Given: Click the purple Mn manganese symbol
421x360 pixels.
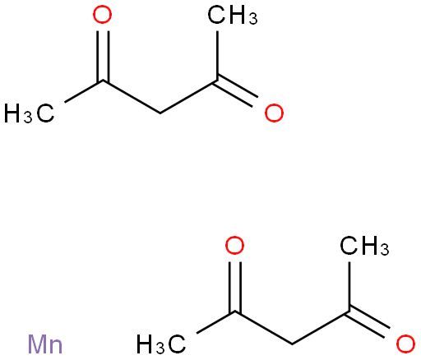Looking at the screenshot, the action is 45,344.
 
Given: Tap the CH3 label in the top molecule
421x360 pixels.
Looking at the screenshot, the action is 233,16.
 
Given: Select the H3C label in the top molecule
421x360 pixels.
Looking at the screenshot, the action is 29,113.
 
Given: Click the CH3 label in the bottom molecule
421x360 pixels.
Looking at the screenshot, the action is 364,246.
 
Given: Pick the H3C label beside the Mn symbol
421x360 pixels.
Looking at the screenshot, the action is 161,344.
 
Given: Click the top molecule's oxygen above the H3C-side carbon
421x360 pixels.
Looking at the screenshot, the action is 102,16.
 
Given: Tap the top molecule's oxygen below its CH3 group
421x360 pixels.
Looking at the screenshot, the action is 274,113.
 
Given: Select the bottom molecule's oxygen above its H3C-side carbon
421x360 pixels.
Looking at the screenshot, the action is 234,246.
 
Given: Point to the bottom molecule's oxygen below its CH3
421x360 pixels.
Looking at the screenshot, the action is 406,344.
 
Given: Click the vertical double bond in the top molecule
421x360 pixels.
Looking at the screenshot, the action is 103,56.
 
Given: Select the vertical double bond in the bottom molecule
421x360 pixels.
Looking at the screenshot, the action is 235,287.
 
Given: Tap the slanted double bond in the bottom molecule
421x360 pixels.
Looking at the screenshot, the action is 368,321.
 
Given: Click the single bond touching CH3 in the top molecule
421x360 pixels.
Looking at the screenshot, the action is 217,56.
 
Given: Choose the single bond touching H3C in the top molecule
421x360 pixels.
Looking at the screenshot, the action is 84,91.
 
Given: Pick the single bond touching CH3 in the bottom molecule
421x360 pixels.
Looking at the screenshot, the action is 349,287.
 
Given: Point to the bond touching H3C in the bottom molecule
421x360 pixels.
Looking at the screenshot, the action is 216,322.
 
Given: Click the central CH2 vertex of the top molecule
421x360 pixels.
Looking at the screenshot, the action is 160,113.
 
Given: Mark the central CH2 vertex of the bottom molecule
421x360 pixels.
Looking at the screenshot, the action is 292,344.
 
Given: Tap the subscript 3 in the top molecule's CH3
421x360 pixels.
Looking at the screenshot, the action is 253,19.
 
